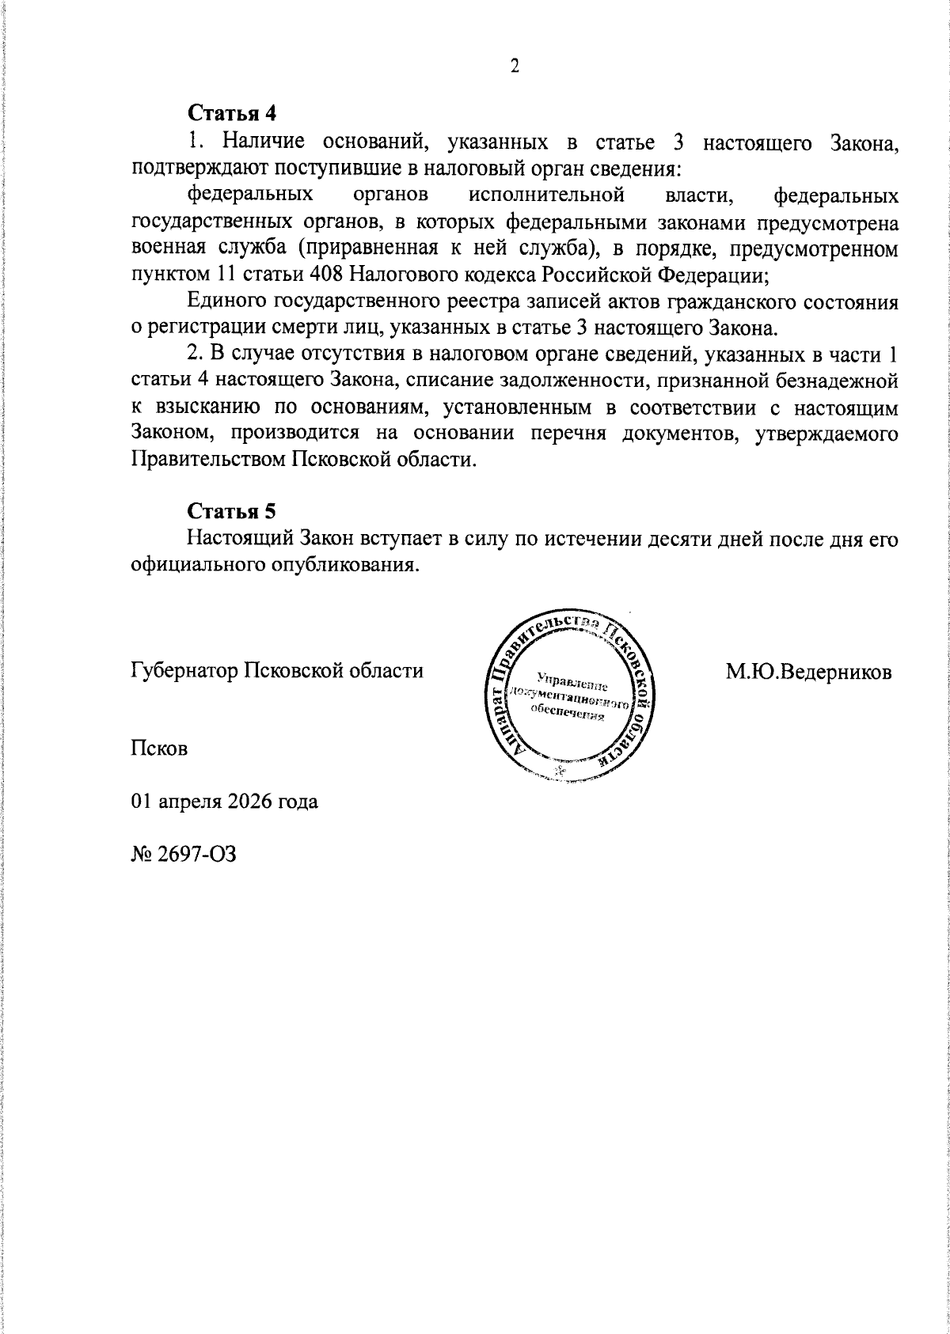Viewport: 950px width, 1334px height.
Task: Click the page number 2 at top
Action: pyautogui.click(x=514, y=66)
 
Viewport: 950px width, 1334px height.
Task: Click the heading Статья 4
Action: pyautogui.click(x=231, y=112)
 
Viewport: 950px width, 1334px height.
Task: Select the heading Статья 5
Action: pyautogui.click(x=231, y=510)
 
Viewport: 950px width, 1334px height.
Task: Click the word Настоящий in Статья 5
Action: pyautogui.click(x=241, y=540)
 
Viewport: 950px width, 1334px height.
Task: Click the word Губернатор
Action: pyautogui.click(x=184, y=671)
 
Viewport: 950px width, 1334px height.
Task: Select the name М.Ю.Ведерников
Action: pyautogui.click(x=809, y=673)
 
